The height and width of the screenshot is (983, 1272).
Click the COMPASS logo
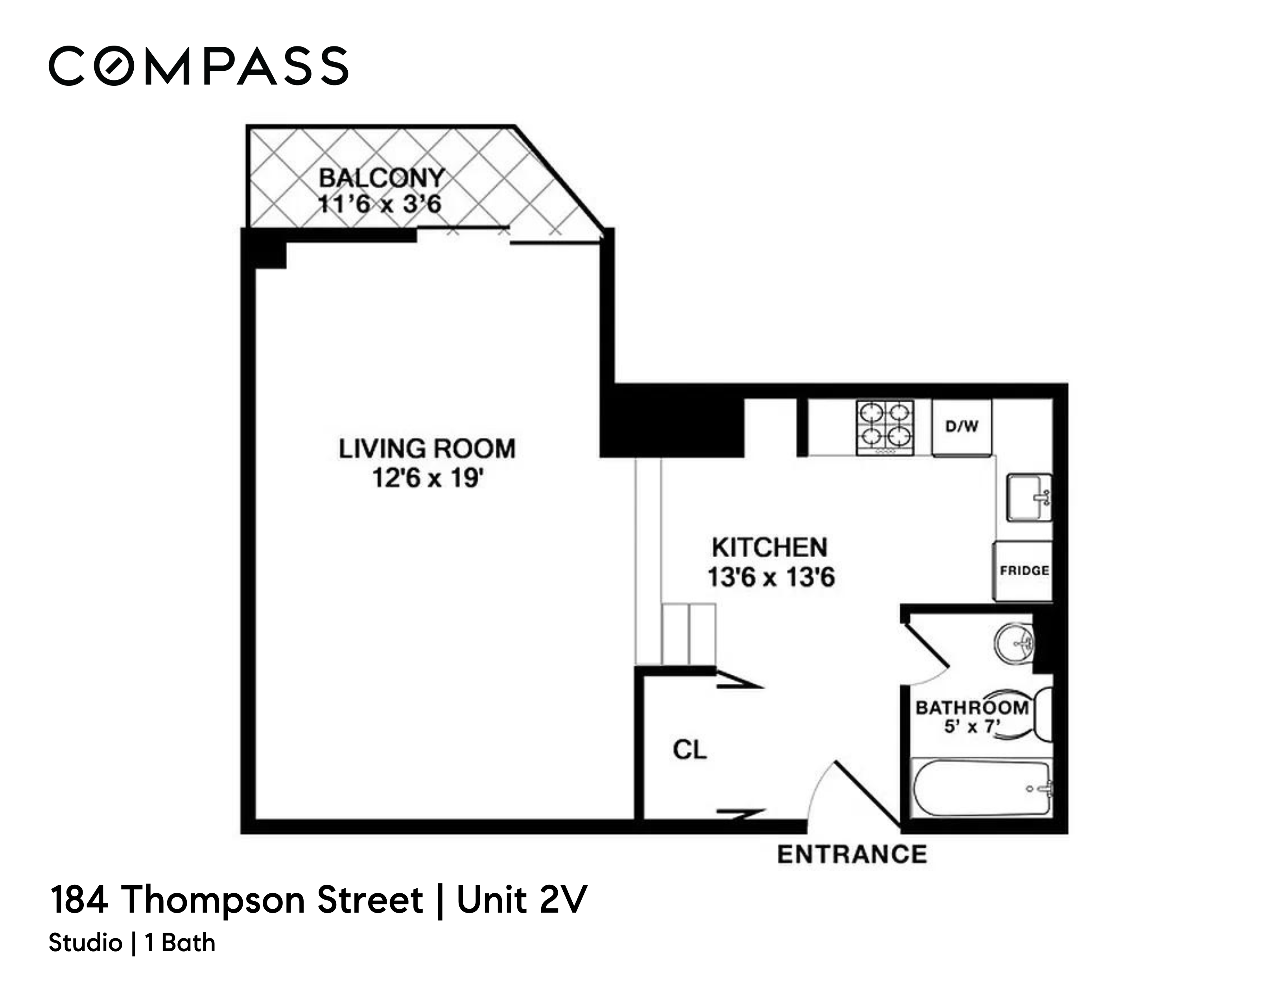(198, 66)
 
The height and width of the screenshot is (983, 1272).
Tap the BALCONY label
(382, 178)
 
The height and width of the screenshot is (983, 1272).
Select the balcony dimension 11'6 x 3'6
(379, 204)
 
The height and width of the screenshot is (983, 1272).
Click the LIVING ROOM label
(427, 448)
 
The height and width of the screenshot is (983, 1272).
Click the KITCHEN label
(769, 547)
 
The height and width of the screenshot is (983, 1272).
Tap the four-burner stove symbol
(884, 427)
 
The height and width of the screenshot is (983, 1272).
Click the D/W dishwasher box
(962, 427)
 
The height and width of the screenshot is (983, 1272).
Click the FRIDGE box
(1024, 571)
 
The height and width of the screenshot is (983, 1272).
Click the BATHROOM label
(972, 707)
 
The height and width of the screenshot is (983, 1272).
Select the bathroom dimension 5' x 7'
(972, 727)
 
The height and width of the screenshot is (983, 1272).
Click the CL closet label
(689, 750)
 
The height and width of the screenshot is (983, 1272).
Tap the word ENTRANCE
(852, 855)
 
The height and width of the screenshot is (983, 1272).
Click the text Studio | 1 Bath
(132, 943)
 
